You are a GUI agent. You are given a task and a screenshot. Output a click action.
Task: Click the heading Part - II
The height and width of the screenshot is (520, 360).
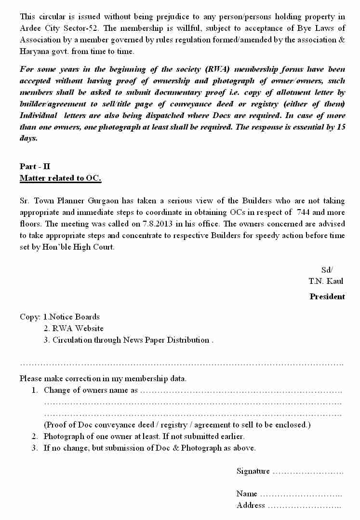[x=35, y=166]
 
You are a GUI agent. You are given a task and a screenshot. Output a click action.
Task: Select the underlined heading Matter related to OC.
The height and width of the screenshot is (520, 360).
[x=60, y=178]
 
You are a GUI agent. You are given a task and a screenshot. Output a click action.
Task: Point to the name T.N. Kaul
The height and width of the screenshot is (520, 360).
[x=326, y=281]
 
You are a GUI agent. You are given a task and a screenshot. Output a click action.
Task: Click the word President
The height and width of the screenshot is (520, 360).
[x=327, y=296]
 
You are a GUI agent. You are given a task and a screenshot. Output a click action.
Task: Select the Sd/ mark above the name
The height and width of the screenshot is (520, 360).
[x=327, y=269]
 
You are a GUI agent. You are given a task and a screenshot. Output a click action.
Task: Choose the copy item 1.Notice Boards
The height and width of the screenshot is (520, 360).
[x=71, y=317]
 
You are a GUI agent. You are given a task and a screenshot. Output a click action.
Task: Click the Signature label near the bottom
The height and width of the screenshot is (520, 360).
[x=253, y=471]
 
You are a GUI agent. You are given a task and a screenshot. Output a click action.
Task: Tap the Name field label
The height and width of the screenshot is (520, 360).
[x=246, y=493]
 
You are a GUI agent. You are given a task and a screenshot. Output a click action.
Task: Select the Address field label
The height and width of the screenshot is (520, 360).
[x=251, y=505]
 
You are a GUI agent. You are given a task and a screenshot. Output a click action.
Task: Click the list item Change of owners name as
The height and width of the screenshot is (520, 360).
[x=91, y=390]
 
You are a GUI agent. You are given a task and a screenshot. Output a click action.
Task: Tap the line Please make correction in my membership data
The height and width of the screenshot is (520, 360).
[x=103, y=378]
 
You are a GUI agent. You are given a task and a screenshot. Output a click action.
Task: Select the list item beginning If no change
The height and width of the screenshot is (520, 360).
[x=149, y=448]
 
